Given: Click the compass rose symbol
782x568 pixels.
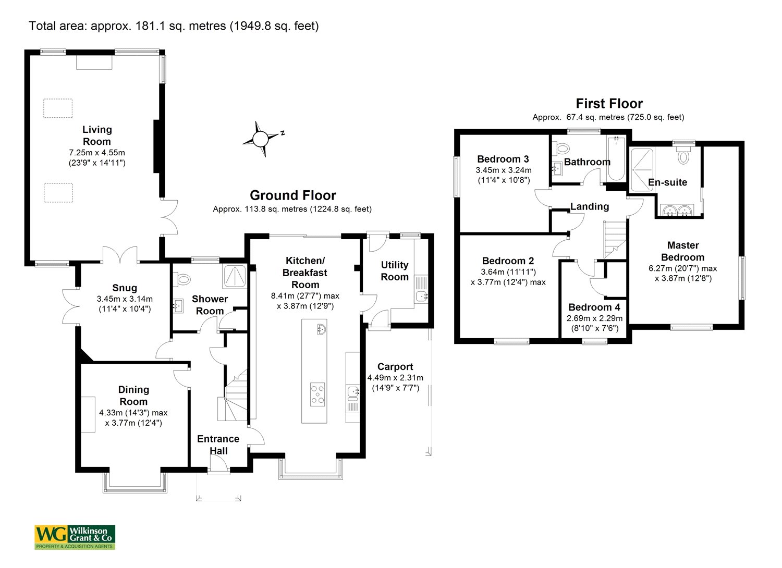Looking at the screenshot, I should (260, 139).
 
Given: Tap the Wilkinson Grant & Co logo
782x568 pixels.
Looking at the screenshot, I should (75, 537).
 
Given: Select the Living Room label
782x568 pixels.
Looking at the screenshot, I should (97, 135).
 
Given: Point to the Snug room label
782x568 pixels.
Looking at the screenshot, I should (125, 288).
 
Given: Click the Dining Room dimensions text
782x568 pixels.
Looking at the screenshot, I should (133, 417).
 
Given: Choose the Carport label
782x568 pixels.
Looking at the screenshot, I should (395, 367).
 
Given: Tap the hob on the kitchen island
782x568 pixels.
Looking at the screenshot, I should (317, 394).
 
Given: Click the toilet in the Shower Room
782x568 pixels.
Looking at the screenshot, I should (183, 280).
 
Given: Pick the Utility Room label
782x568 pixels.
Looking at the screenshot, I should (395, 271).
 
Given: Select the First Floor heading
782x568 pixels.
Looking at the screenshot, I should (609, 104).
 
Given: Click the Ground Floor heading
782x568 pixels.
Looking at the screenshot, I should (293, 195).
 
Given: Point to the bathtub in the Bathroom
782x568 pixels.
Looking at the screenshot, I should (616, 159).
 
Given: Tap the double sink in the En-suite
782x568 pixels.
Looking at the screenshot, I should (676, 210).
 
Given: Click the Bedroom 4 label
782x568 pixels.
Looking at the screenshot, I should (594, 307).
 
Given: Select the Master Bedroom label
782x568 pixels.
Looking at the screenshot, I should (683, 251).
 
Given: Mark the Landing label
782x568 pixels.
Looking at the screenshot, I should (590, 206).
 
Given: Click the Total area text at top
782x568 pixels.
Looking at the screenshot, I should (174, 26).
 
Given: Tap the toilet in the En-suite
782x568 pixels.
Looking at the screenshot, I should (683, 156).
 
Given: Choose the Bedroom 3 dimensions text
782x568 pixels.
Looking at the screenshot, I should (504, 175).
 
